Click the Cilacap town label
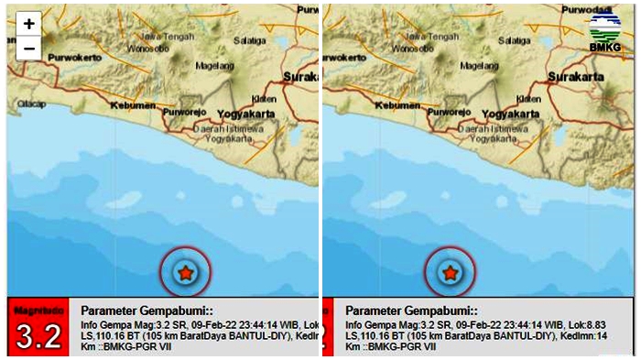[x=30, y=104]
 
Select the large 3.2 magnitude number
[x=38, y=336]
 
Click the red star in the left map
[x=186, y=272]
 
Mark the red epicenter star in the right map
[x=450, y=272]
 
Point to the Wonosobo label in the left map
[x=147, y=49]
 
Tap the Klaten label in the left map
[x=263, y=97]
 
